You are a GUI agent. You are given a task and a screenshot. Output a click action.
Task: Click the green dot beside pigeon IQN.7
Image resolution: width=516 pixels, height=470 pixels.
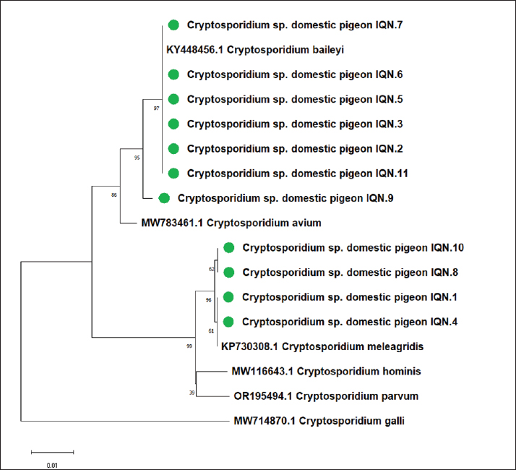tap(173, 25)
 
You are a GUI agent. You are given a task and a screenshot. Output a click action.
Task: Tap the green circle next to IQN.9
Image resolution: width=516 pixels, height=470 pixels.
tap(164, 197)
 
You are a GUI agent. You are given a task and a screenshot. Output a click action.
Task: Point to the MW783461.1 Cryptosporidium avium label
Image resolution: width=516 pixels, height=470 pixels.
tap(231, 223)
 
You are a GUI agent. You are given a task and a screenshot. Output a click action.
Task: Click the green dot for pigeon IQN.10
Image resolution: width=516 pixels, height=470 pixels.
tap(229, 248)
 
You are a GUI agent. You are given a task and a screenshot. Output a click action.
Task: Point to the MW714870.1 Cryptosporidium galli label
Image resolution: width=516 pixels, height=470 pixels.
tap(319, 420)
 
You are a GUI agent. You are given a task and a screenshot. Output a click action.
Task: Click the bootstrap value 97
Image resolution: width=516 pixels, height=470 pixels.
tap(156, 108)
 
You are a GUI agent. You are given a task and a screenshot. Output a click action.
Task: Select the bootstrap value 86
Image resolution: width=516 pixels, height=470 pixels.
tap(113, 195)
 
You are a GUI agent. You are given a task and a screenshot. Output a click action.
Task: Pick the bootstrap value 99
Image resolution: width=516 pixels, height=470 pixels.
tap(189, 346)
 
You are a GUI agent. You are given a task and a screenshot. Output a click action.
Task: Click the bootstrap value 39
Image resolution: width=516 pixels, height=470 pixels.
tap(192, 393)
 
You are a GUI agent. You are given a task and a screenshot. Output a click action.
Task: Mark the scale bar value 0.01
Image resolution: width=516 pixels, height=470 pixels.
tap(52, 465)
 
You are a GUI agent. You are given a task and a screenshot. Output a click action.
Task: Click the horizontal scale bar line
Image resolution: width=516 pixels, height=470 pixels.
tap(52, 453)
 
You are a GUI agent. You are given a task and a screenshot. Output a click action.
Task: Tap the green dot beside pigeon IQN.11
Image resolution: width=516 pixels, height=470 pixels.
tap(173, 174)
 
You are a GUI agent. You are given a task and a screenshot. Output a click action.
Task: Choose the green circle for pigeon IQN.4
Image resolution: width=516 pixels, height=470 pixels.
tap(229, 322)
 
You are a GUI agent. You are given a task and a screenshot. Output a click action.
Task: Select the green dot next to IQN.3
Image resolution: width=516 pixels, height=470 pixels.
tap(173, 124)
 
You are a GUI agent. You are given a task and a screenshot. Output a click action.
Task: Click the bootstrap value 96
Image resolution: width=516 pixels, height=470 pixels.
tap(209, 299)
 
